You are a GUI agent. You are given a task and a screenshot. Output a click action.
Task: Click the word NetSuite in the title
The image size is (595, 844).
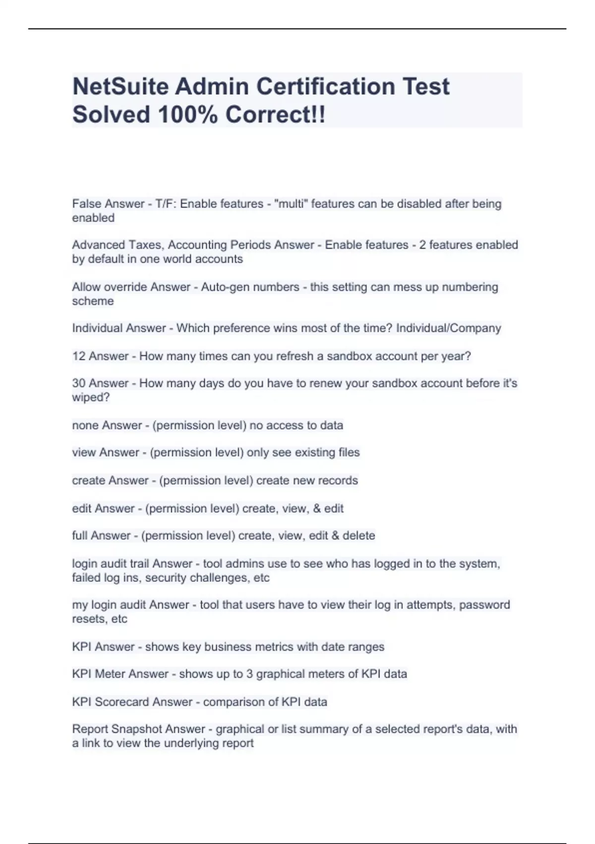point(120,86)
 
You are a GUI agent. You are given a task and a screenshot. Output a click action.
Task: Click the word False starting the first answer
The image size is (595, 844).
point(86,204)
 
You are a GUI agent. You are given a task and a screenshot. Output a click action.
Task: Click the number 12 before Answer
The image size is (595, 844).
point(79,356)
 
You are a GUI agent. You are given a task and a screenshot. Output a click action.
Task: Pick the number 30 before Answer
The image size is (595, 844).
point(79,383)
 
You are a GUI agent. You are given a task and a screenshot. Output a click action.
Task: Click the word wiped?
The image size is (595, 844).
point(91,397)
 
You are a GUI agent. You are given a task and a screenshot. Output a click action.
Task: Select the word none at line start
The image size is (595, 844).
point(85,425)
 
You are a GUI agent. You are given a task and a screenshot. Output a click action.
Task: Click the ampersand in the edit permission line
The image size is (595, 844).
point(317,508)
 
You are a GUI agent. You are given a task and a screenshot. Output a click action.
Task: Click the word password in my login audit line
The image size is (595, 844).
point(484,605)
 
